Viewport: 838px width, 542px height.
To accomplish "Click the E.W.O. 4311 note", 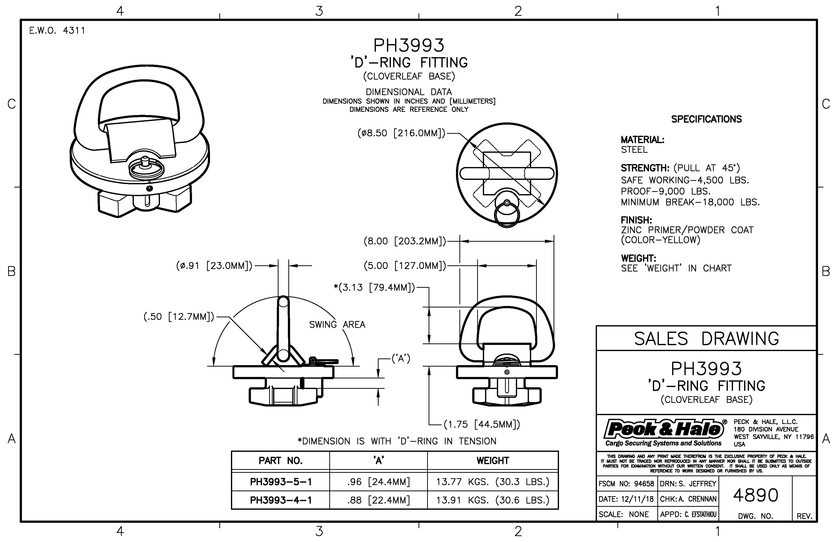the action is click(57, 31).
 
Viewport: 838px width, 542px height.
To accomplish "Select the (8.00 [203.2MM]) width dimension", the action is click(404, 241).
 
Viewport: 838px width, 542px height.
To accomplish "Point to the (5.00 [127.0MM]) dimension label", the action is click(404, 266).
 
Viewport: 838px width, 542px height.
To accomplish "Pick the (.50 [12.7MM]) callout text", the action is click(179, 317).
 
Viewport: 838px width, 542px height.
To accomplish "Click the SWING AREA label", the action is click(337, 324).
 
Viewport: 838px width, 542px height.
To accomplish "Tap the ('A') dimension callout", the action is click(401, 359).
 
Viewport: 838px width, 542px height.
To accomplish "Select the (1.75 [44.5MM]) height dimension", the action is click(481, 424).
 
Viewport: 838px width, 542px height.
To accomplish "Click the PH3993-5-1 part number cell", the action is click(281, 482).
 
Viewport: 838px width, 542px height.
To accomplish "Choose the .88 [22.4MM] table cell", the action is click(379, 500).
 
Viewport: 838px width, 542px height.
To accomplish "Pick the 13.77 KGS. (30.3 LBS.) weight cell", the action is click(493, 482).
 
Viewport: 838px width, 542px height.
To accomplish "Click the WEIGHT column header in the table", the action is click(493, 461).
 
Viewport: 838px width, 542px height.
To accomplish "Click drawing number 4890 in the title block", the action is click(756, 495).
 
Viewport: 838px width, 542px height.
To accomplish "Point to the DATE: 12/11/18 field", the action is click(626, 499).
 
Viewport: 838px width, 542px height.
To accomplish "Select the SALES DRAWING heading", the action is click(706, 339).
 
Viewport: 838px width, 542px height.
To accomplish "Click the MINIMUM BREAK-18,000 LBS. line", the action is click(690, 202).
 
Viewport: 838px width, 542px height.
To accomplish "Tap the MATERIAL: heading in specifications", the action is click(642, 140).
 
